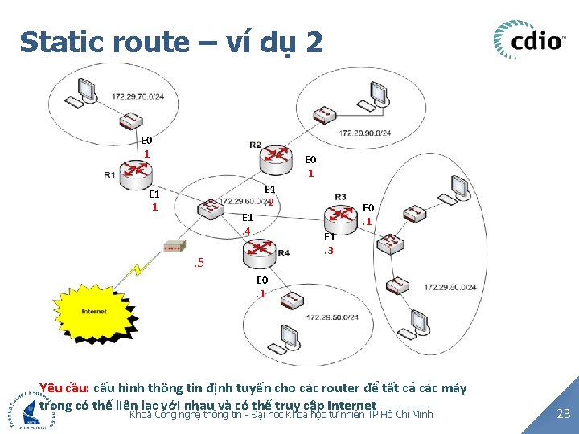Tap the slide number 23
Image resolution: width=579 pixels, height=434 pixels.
click(564, 414)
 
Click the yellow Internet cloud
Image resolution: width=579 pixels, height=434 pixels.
click(94, 310)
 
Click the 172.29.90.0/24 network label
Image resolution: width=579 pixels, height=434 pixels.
click(366, 133)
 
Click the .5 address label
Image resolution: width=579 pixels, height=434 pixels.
click(199, 264)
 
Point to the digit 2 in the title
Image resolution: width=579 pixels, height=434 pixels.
click(314, 42)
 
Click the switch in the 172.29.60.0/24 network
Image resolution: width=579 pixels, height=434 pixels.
click(211, 207)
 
